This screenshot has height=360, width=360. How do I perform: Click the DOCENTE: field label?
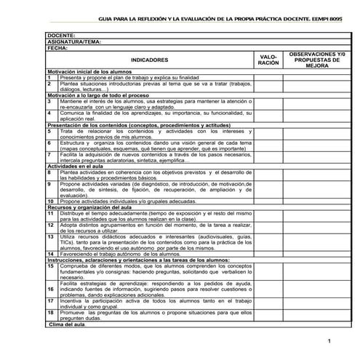[61, 36]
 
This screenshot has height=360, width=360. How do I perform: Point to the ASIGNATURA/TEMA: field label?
[73, 41]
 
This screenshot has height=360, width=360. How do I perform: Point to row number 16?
[51, 289]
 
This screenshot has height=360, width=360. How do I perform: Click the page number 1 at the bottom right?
[329, 341]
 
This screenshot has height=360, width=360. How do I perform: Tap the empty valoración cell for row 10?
[268, 201]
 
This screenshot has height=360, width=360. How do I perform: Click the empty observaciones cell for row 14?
[316, 253]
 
